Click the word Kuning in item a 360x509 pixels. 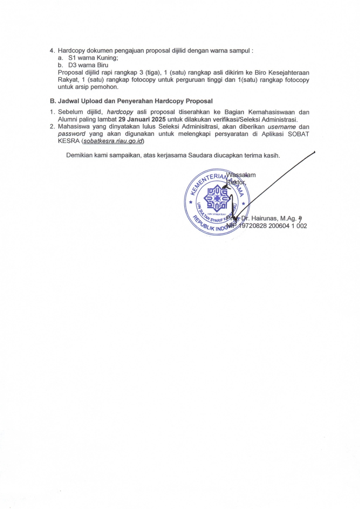pos(107,58)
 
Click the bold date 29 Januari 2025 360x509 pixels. pos(142,119)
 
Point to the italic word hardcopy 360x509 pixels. pos(120,112)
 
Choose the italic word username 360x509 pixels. pos(281,127)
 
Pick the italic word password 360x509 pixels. pos(71,134)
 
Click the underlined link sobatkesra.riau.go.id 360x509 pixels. pos(113,141)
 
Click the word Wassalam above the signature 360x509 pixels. pos(241,175)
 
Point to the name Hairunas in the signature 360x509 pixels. pos(265,218)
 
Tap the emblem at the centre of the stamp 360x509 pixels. pos(217,198)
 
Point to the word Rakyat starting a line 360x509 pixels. pos(67,80)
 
